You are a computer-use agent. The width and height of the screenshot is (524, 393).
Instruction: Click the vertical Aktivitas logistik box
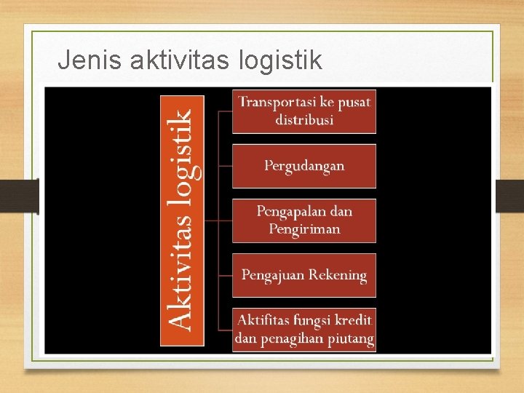coord(182,220)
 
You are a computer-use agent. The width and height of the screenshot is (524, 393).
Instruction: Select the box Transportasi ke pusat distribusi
coord(304,111)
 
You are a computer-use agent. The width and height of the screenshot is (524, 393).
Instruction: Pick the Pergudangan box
coord(304,166)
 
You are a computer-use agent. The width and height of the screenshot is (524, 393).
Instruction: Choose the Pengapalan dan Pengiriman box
coord(304,221)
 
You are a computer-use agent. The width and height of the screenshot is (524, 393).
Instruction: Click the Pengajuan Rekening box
coord(304,275)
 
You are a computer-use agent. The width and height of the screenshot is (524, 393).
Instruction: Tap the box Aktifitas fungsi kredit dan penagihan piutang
coord(304,330)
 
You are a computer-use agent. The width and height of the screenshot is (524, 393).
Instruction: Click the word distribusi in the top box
coord(304,120)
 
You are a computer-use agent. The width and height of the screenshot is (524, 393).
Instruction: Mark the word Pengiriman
coord(304,230)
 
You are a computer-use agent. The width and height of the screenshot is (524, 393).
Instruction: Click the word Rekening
coord(337,276)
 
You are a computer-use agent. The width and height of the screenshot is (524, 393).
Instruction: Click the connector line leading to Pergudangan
coord(225,166)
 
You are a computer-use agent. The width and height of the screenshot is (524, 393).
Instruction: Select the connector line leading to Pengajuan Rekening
coord(225,275)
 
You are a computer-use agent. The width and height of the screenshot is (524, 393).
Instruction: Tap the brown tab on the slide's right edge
coord(509,196)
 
